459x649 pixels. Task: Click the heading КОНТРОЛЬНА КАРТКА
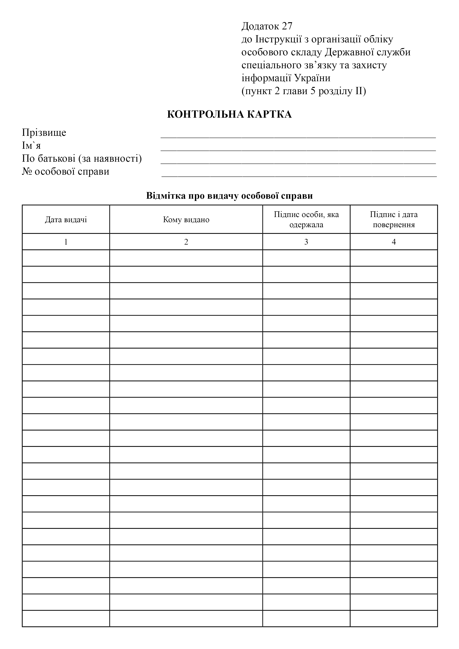(x=229, y=115)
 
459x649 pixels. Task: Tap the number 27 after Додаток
(x=287, y=26)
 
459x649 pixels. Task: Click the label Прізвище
(x=44, y=133)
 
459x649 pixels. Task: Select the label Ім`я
(x=31, y=146)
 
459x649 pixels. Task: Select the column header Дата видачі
(x=66, y=220)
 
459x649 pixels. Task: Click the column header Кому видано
(x=186, y=220)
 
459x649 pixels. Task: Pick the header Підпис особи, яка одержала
(x=306, y=220)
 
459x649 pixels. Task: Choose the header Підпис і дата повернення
(x=394, y=220)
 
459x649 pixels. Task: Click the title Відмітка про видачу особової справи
(x=229, y=196)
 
